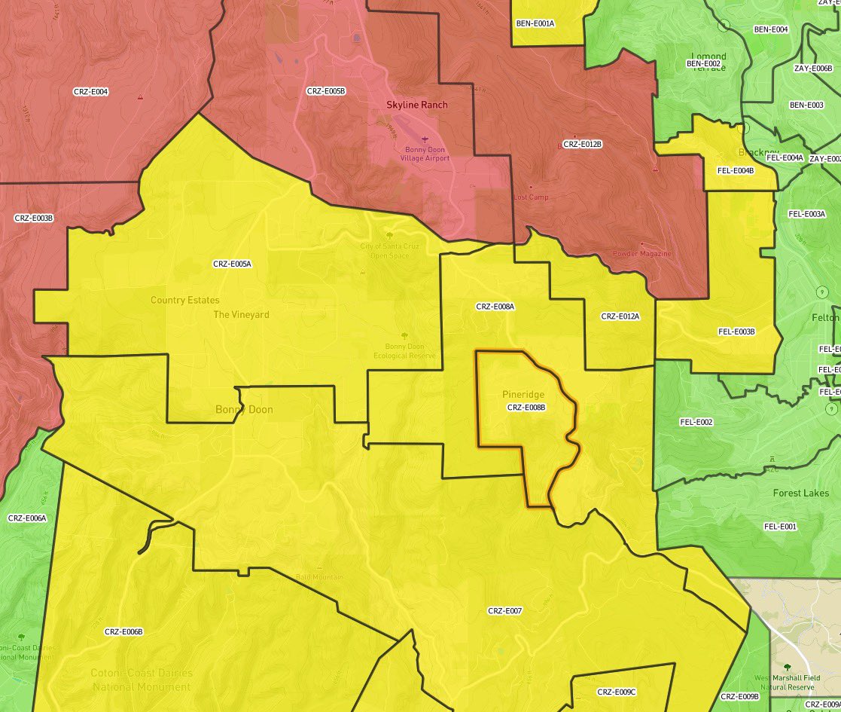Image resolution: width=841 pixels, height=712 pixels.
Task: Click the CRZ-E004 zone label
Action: [90, 92]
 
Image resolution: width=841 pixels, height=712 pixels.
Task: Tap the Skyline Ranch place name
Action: [416, 105]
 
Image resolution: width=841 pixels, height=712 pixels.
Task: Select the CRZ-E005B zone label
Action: [326, 91]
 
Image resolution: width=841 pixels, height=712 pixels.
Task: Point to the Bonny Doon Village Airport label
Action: [427, 154]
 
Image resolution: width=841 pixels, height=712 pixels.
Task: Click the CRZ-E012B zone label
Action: [582, 143]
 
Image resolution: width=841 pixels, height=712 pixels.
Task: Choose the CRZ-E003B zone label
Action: [34, 218]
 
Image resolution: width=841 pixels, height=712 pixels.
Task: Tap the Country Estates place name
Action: [184, 300]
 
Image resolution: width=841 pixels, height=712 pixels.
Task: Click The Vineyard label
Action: [241, 315]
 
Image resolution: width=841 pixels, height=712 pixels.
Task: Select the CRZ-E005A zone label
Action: [232, 264]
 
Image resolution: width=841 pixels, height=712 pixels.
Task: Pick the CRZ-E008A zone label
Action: [495, 307]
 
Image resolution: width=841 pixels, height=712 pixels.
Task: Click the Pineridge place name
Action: [523, 395]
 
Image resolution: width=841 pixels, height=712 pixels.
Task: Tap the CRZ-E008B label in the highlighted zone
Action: [526, 408]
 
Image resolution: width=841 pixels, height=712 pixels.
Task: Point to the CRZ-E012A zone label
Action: [620, 316]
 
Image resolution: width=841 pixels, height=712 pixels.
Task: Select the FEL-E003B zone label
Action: [736, 332]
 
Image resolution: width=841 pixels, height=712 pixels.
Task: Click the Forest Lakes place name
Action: [800, 494]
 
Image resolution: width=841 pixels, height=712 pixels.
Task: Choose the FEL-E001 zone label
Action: [780, 527]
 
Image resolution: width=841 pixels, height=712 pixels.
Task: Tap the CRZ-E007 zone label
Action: [504, 611]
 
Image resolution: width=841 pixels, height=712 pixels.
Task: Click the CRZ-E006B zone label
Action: [123, 632]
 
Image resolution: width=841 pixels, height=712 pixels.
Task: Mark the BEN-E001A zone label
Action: [535, 23]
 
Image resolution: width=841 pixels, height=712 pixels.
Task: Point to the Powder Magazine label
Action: [641, 254]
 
